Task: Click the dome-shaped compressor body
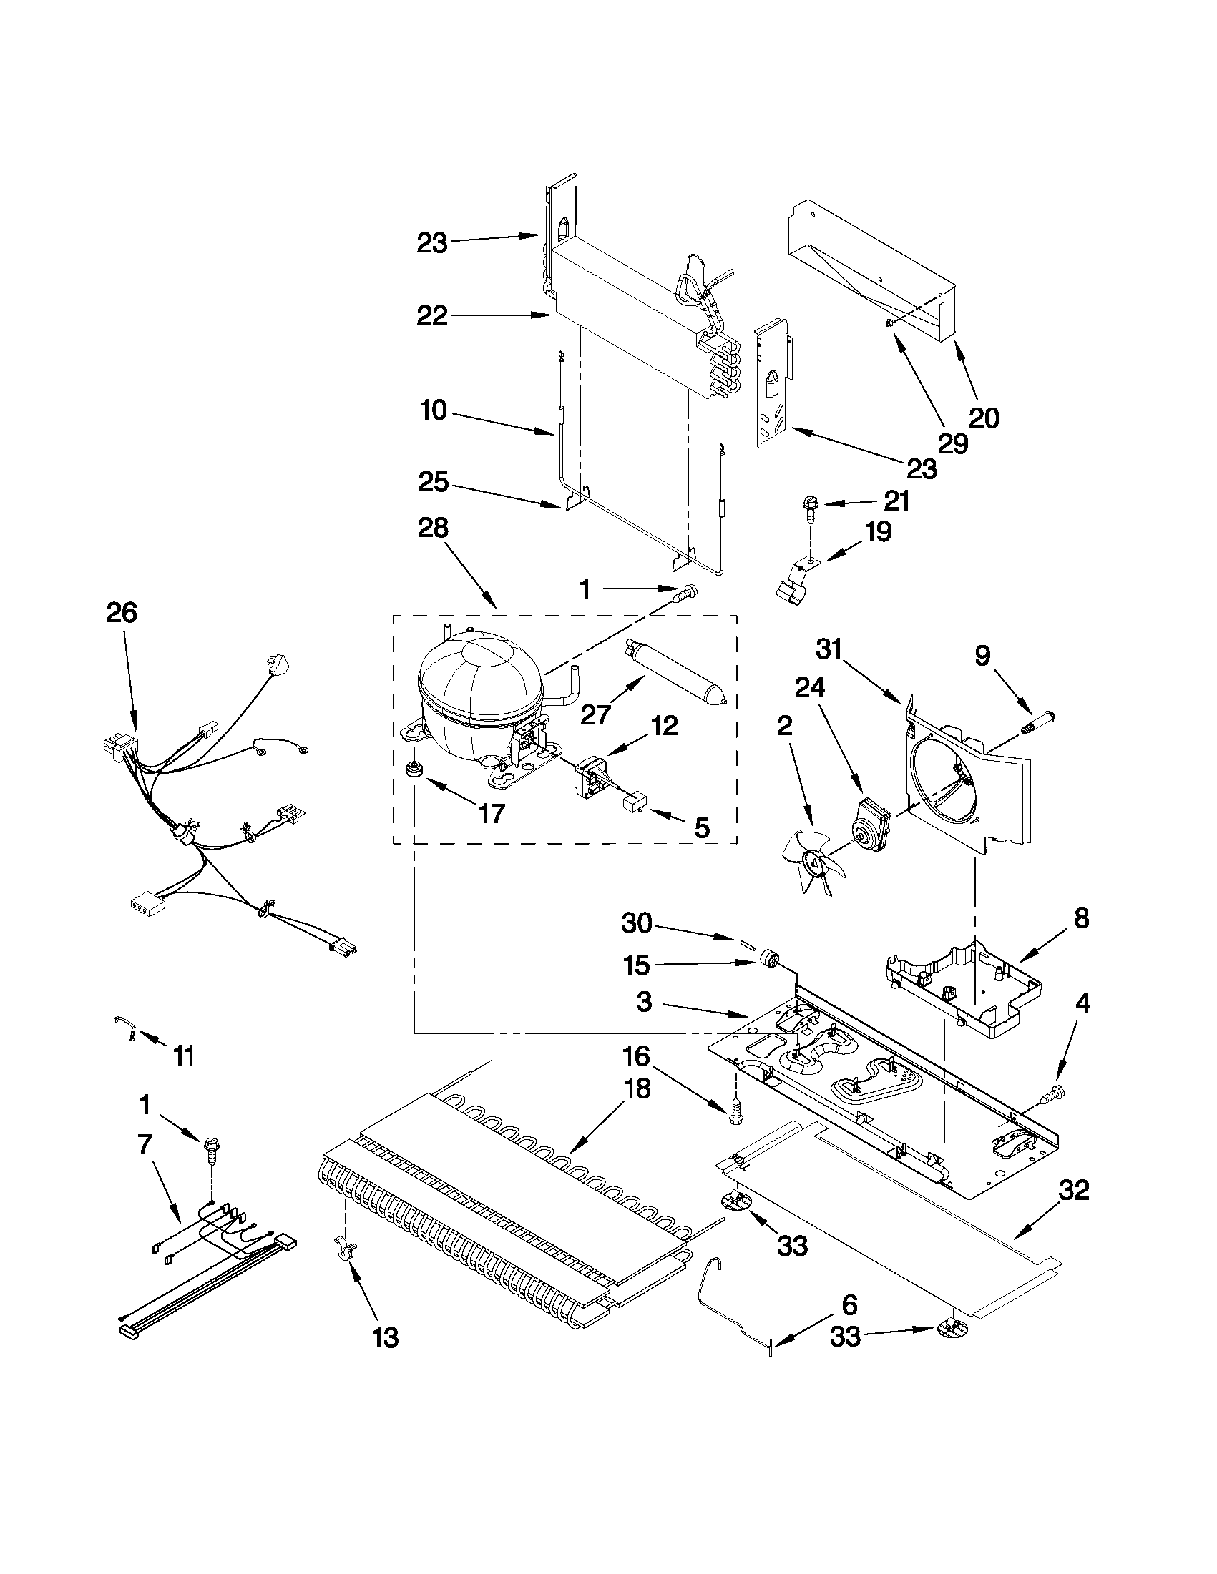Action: click(x=479, y=688)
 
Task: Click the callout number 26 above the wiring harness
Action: click(x=121, y=613)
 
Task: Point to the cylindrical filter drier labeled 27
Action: click(x=676, y=667)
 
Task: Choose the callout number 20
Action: click(x=984, y=418)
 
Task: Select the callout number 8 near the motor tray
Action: click(x=1081, y=919)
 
